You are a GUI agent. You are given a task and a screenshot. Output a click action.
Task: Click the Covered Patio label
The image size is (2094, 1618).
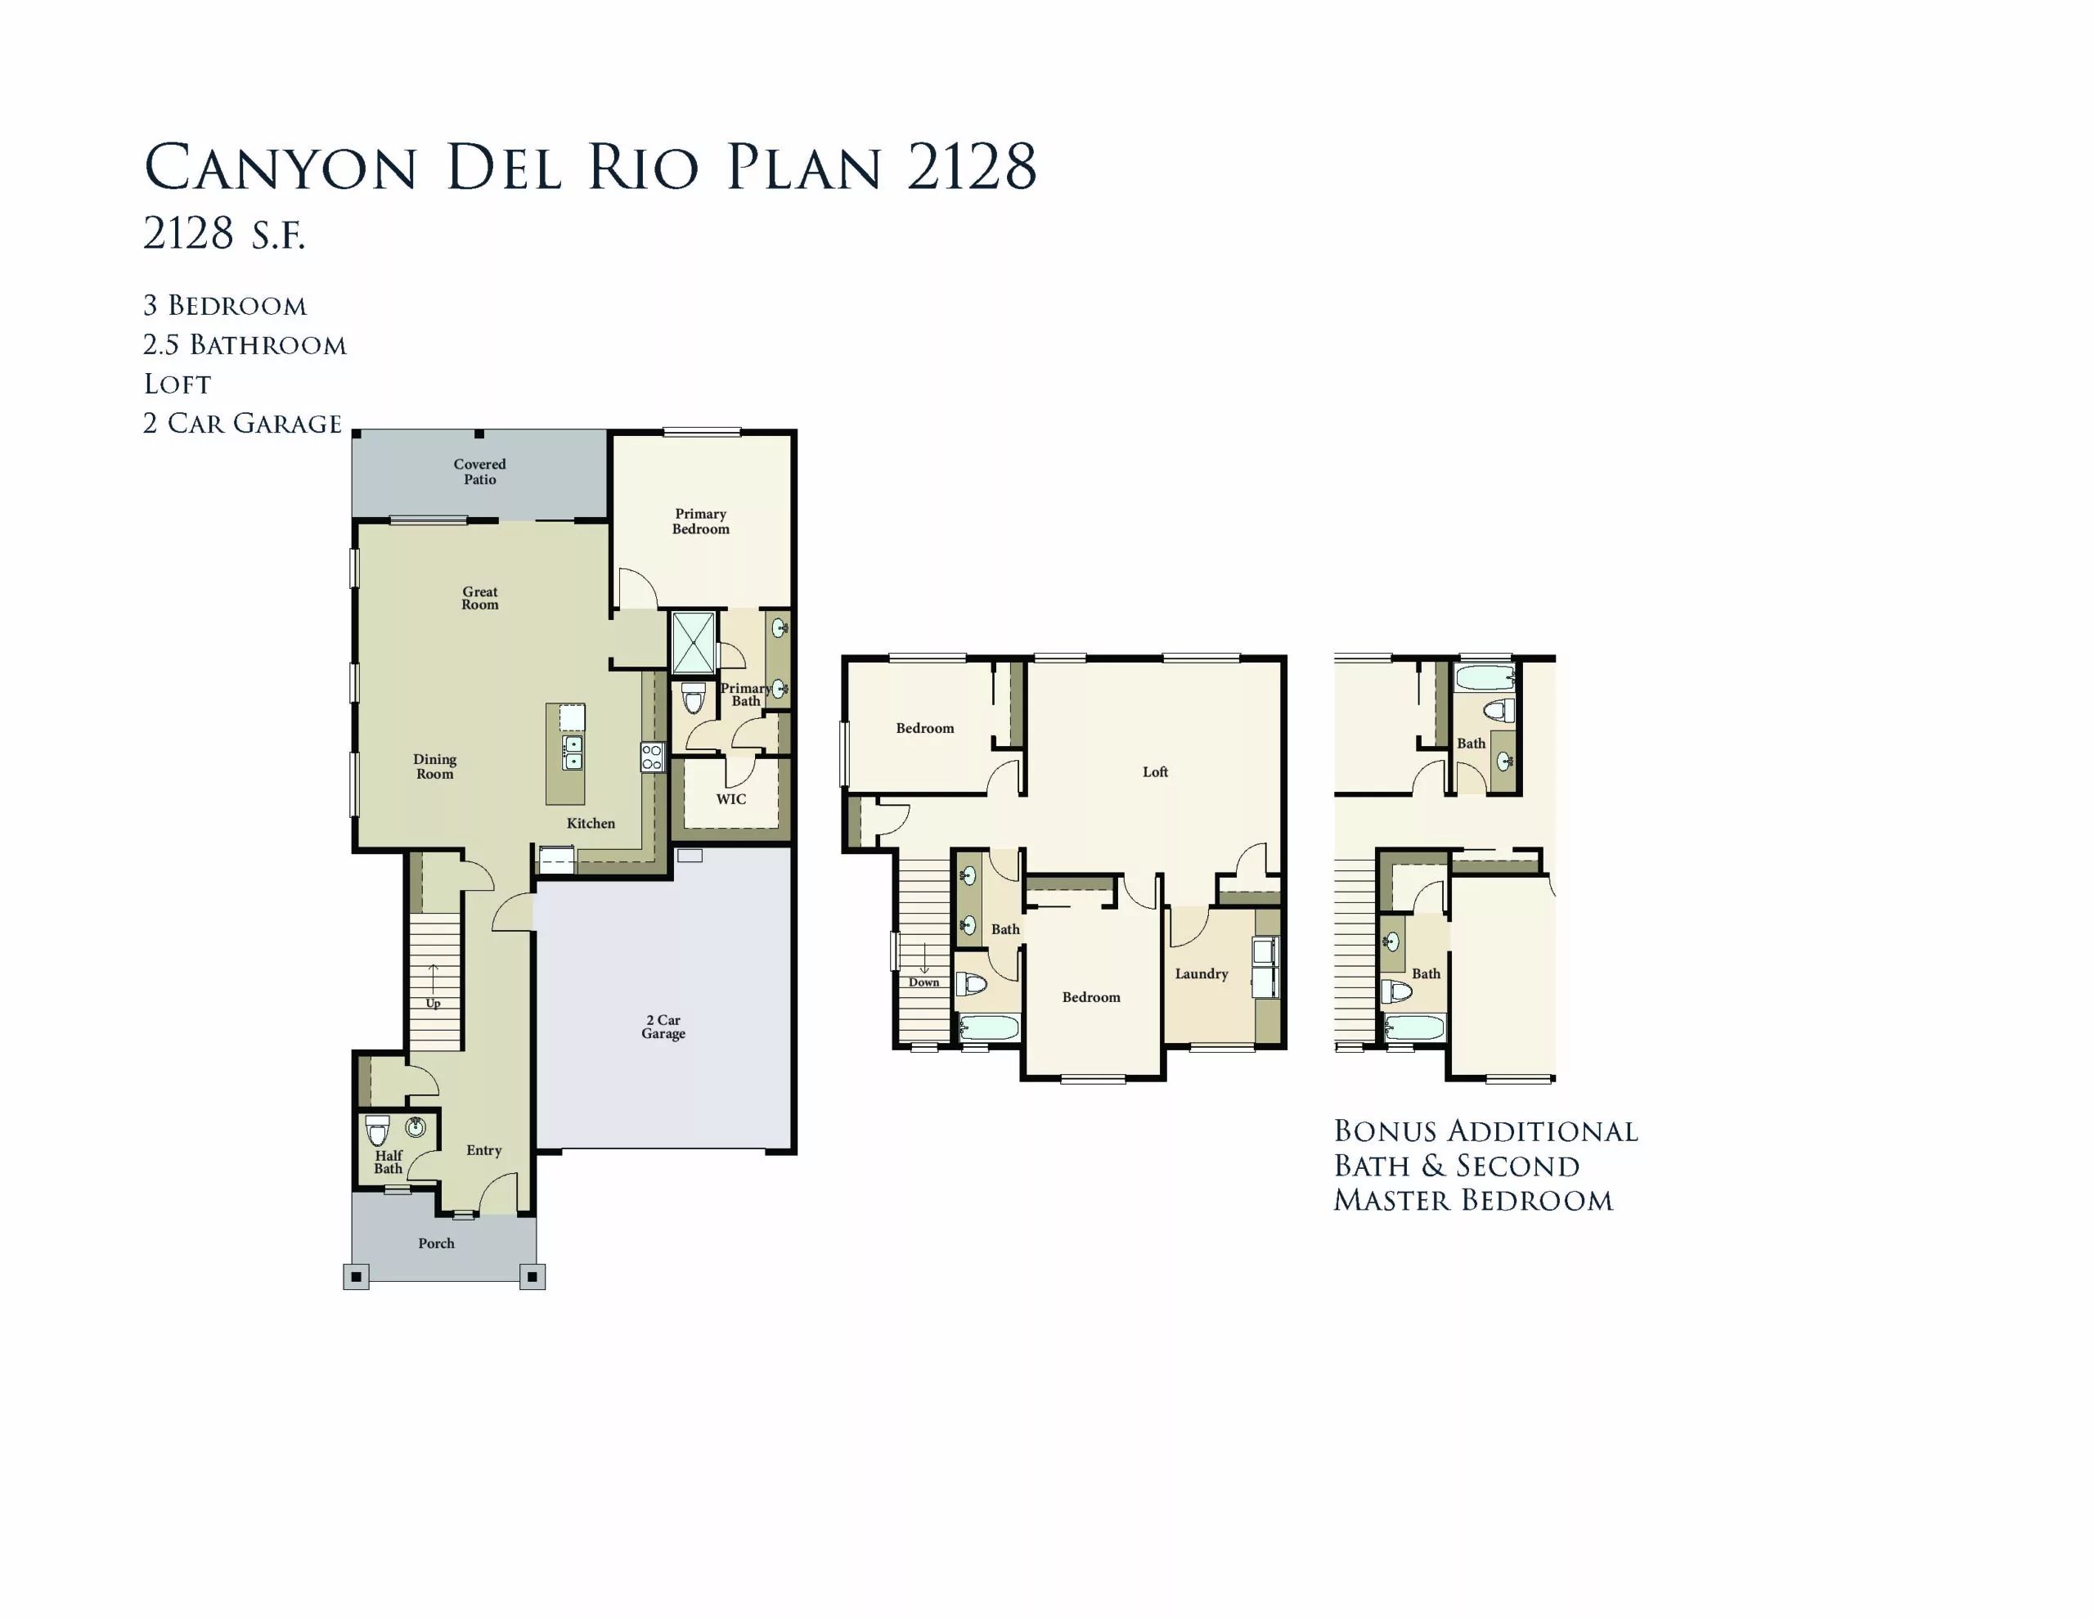pos(479,471)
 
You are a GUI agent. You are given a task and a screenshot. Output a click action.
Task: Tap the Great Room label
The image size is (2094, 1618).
pos(479,597)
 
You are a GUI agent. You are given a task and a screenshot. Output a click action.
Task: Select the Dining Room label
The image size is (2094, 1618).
pos(434,766)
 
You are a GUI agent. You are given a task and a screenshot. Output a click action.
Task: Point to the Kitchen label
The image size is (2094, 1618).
pos(591,823)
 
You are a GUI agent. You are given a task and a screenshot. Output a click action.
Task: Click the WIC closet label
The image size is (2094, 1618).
pos(730,799)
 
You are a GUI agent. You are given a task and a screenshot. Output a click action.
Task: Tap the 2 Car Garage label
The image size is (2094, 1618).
pos(663,1027)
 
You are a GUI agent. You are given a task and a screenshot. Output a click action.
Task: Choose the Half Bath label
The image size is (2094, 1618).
pos(389,1162)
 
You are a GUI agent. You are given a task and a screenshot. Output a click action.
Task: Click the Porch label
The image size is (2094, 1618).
pos(436,1243)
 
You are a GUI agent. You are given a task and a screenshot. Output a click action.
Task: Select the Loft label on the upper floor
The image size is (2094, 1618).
pos(1155,772)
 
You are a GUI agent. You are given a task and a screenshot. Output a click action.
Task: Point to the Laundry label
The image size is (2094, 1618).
pos(1202,973)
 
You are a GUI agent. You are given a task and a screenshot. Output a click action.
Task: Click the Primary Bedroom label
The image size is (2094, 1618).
pos(701,521)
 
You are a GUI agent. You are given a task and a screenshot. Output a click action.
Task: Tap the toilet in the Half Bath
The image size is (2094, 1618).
pos(378,1130)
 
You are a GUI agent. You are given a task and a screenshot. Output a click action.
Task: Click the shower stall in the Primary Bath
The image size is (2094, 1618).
pos(694,641)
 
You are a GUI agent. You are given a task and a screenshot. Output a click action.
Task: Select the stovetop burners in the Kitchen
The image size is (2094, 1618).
pos(652,757)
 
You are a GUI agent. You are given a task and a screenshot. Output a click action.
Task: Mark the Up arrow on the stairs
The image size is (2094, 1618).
pos(434,980)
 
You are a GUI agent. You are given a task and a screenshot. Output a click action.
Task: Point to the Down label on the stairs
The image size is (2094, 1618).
pos(923,982)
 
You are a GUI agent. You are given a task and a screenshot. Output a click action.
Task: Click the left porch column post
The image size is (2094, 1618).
pos(356,1277)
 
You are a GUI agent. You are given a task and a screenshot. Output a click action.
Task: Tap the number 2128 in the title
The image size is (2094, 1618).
pos(971,167)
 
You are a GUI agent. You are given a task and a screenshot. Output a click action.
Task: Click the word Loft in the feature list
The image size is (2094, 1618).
pos(177,384)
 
